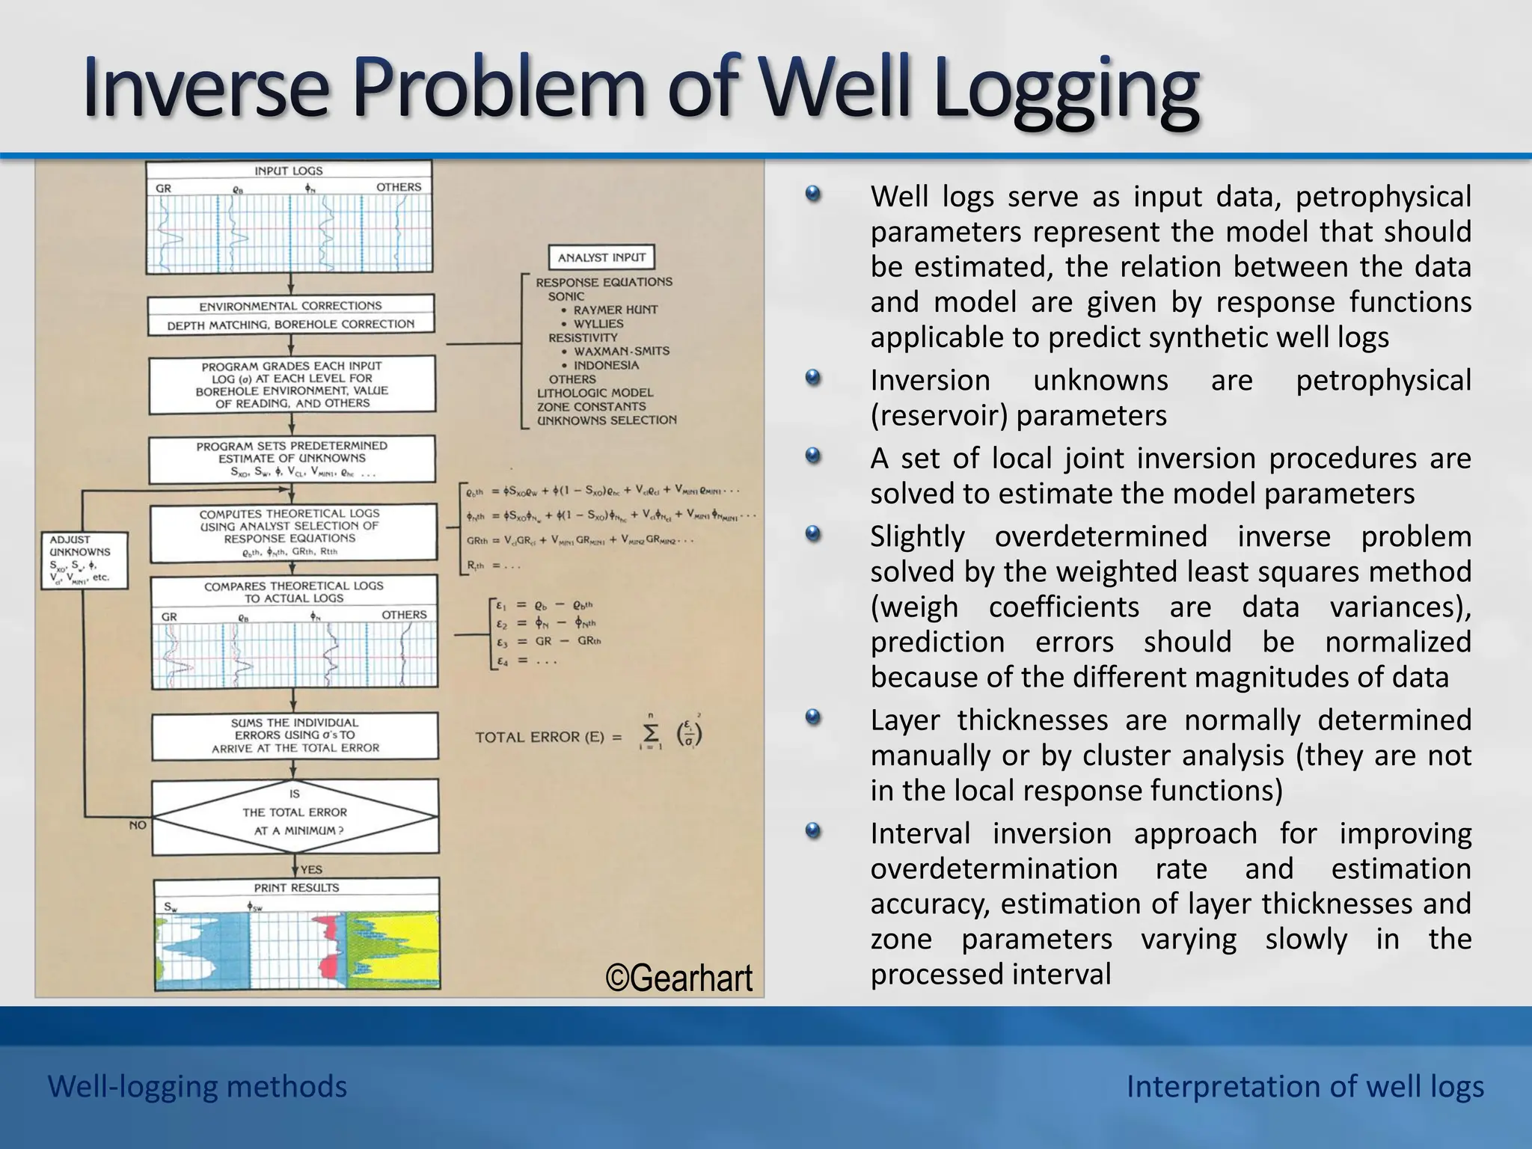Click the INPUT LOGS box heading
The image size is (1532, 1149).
click(289, 171)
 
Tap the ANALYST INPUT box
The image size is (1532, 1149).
click(601, 257)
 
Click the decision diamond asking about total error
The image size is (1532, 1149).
click(295, 817)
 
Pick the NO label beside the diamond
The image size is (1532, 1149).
click(138, 825)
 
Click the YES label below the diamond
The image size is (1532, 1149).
click(311, 869)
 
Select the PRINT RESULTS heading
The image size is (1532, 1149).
click(296, 888)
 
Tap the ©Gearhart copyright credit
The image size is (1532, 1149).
click(678, 978)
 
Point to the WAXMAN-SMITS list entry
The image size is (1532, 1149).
click(621, 351)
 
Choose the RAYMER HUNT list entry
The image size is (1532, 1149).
click(615, 310)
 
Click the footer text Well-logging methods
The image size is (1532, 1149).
click(197, 1086)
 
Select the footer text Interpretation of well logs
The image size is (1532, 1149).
click(1305, 1086)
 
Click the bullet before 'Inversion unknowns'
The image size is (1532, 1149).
click(813, 378)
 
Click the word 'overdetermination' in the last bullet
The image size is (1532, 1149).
click(994, 868)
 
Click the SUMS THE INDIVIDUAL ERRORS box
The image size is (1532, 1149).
click(295, 735)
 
